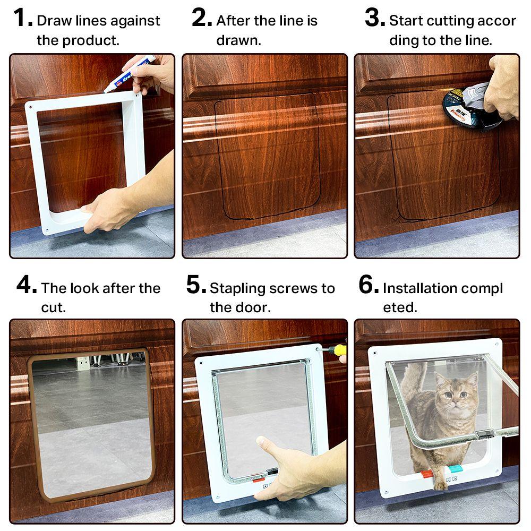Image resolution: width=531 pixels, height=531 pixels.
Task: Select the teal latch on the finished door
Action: [x=456, y=469]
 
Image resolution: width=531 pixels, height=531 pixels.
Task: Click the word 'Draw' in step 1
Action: [x=50, y=21]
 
